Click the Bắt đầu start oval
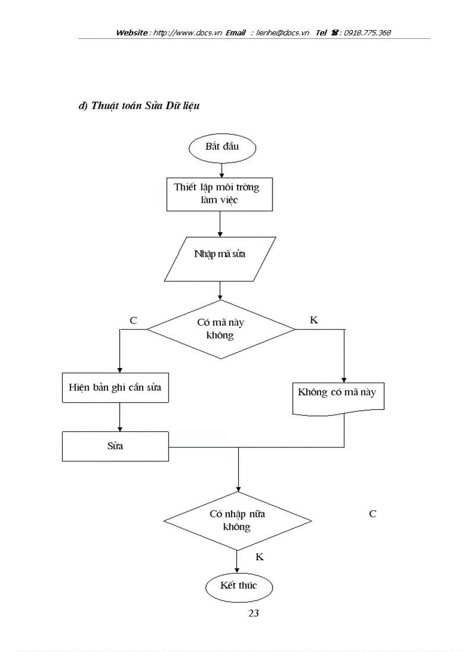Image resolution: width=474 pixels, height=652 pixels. pos(222,147)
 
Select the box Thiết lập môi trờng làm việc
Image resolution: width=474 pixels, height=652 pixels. pos(220,194)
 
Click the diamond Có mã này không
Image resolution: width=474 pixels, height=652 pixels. pos(221,329)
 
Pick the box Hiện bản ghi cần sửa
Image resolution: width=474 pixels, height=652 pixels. pos(115,388)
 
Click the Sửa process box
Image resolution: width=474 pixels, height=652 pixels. pos(115,446)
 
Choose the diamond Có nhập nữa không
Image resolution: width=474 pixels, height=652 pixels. pos(237,521)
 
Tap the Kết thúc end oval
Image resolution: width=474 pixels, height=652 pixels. pos(238,585)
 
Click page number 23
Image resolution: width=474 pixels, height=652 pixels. pos(253,613)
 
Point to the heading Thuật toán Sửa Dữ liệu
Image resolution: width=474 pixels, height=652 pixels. pos(139,106)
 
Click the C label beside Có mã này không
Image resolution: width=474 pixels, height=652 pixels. pos(134,320)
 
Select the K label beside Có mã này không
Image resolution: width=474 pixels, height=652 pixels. pos(314,320)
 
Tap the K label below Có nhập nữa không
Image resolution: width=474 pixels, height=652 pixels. pos(260,557)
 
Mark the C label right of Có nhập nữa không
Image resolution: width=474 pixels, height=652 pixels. pos(372,514)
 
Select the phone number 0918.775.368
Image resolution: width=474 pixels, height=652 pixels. pos(367,33)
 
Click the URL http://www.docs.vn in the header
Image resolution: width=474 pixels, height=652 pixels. pos(188,33)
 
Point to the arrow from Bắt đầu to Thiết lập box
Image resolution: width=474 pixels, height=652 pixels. pos(221,170)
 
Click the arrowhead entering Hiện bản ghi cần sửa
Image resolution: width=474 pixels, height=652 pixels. pos(119,369)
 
